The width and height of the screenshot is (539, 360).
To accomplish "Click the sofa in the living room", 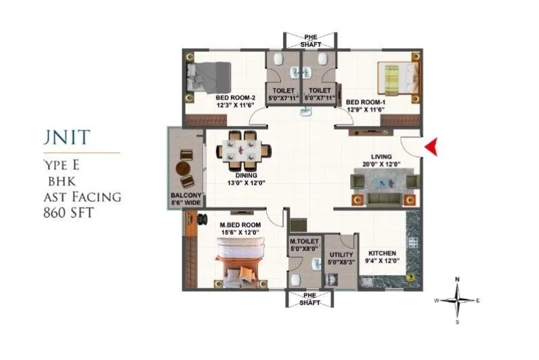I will [x=383, y=183].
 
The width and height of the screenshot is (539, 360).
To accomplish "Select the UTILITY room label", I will [x=340, y=254].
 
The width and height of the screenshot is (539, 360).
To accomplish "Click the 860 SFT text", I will [x=68, y=212].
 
